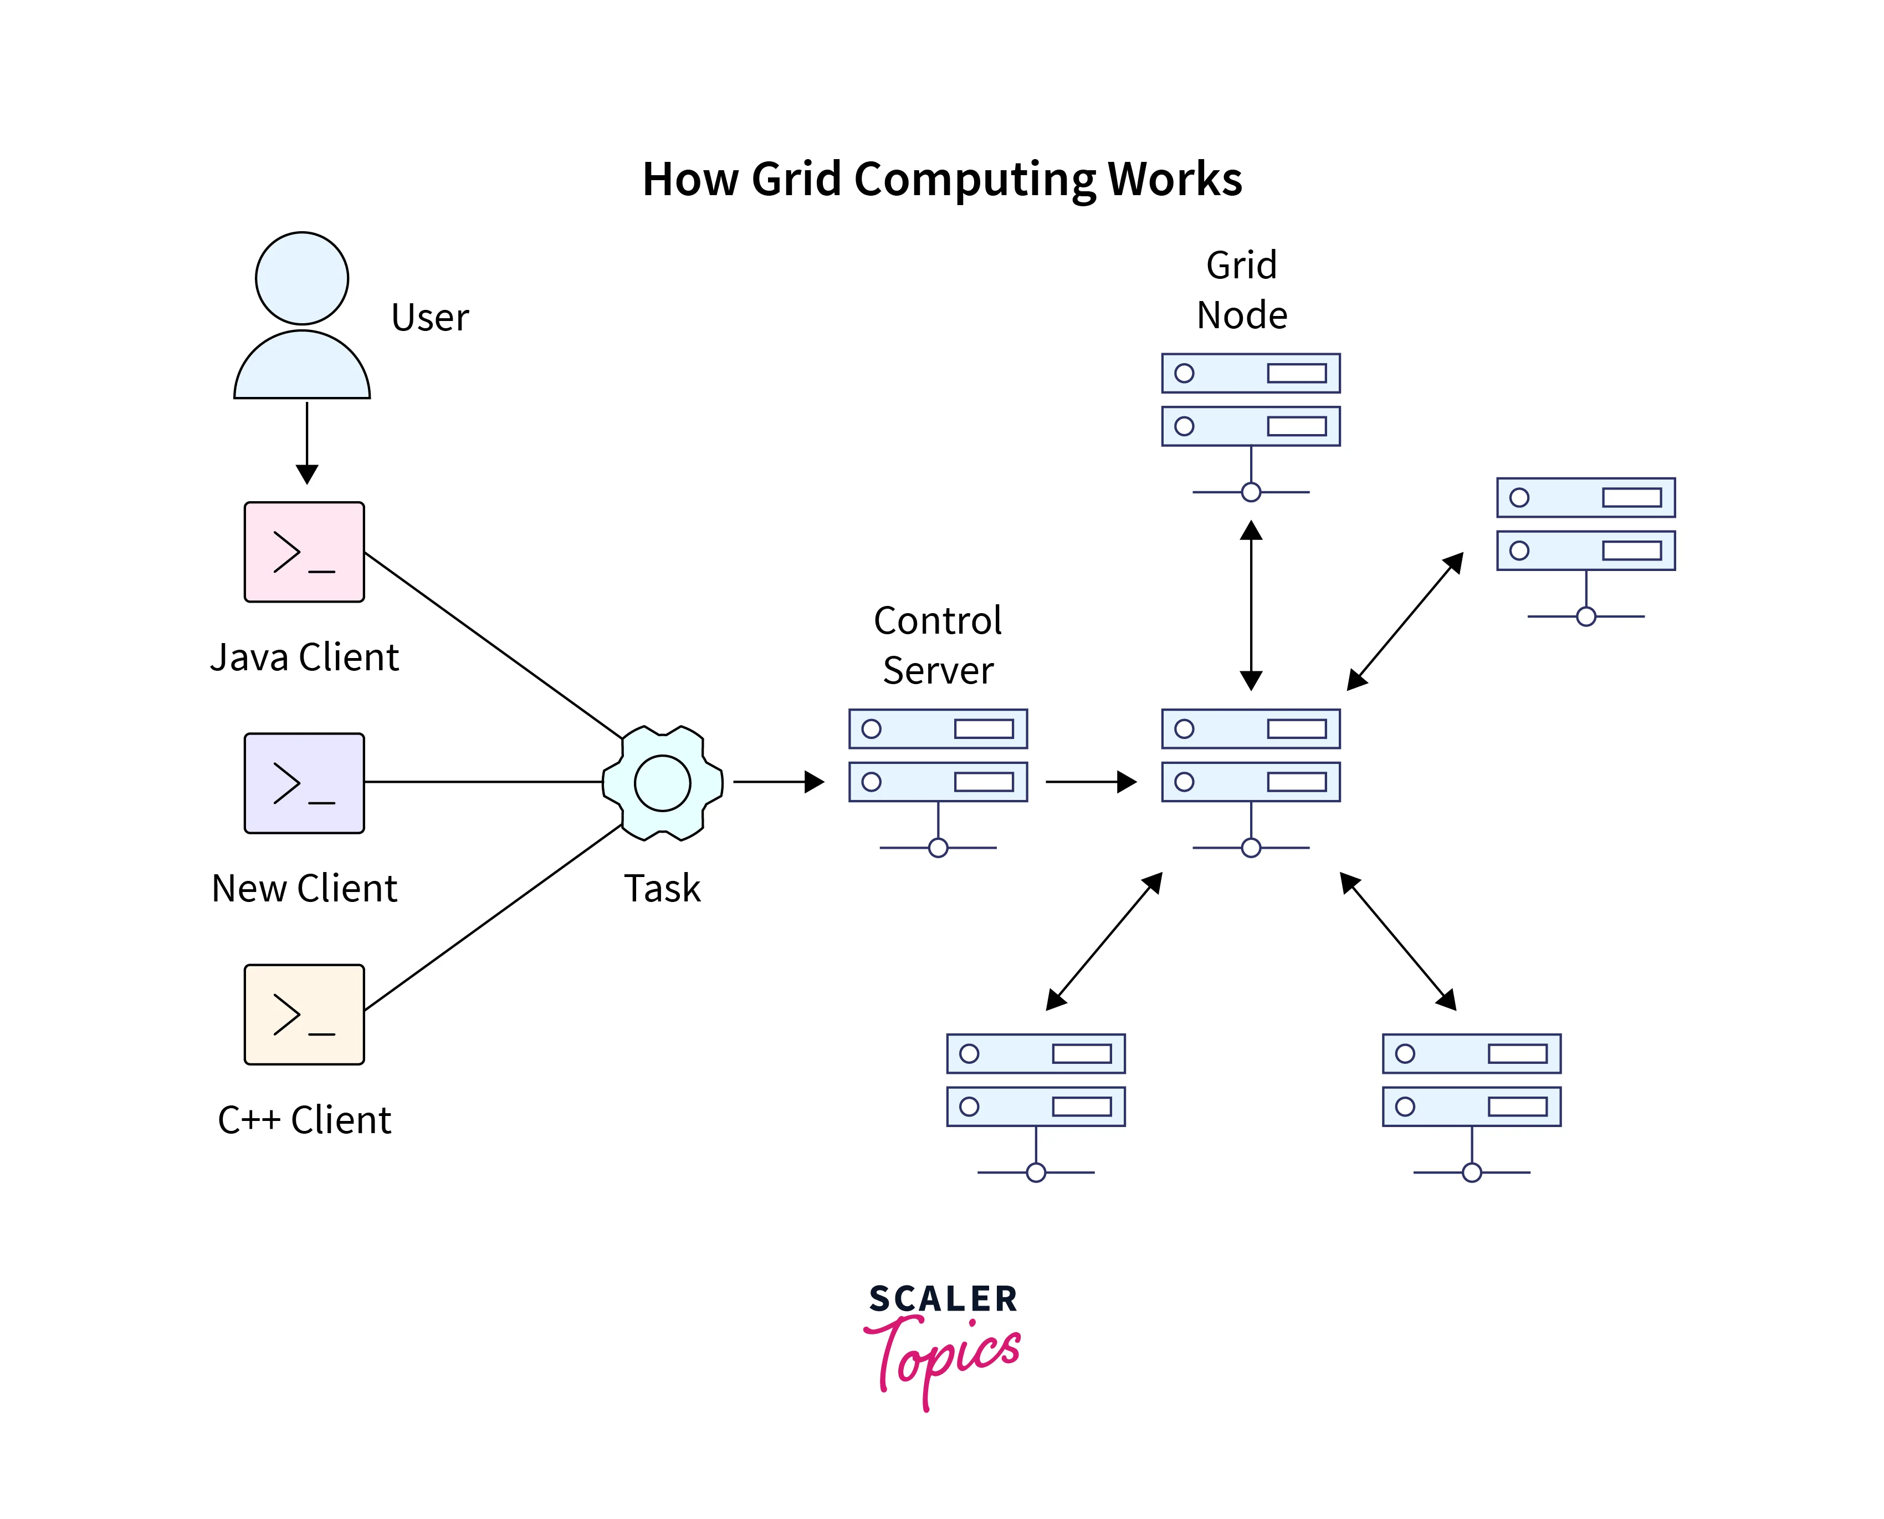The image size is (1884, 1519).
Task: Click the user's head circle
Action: point(302,278)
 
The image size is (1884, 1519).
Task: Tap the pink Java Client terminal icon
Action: point(304,552)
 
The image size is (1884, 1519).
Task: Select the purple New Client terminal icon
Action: point(304,783)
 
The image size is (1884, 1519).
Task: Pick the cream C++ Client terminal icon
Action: point(304,1014)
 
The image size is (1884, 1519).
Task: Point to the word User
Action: point(429,318)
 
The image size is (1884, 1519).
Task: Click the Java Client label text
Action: point(304,657)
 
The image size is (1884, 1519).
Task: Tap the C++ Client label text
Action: point(304,1120)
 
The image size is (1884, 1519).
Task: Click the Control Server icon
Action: point(938,770)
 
